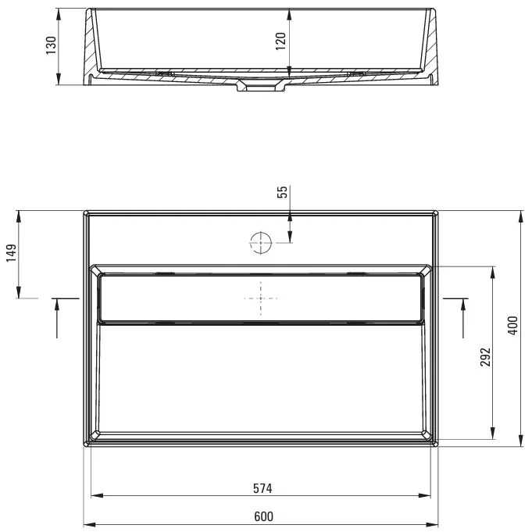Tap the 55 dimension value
click(282, 193)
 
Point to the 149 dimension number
click(11, 255)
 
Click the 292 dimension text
click(485, 357)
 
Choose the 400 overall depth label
click(512, 326)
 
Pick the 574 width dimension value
click(262, 489)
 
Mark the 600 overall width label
click(263, 516)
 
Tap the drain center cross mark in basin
click(260, 298)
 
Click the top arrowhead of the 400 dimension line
click(520, 215)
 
